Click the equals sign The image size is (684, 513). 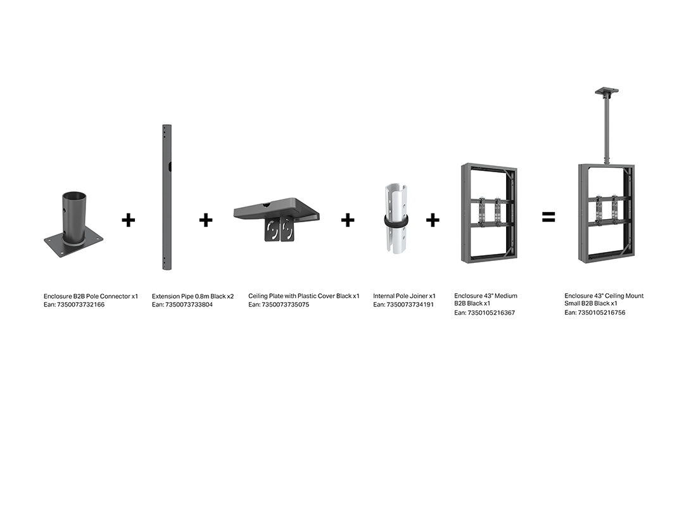(x=548, y=217)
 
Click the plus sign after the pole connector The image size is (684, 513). (x=128, y=220)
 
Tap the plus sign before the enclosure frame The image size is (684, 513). (x=433, y=220)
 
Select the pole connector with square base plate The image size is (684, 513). (x=73, y=225)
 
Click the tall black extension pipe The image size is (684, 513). (x=167, y=197)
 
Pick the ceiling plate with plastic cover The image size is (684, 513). (x=277, y=218)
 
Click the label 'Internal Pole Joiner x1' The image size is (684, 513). (x=404, y=296)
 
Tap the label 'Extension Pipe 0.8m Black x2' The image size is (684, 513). (x=193, y=296)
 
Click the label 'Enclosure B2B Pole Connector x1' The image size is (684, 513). (x=91, y=296)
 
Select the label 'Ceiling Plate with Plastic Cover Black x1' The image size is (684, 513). (x=304, y=296)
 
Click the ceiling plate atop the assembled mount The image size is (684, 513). (x=607, y=92)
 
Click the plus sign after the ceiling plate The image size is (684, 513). (x=348, y=220)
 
